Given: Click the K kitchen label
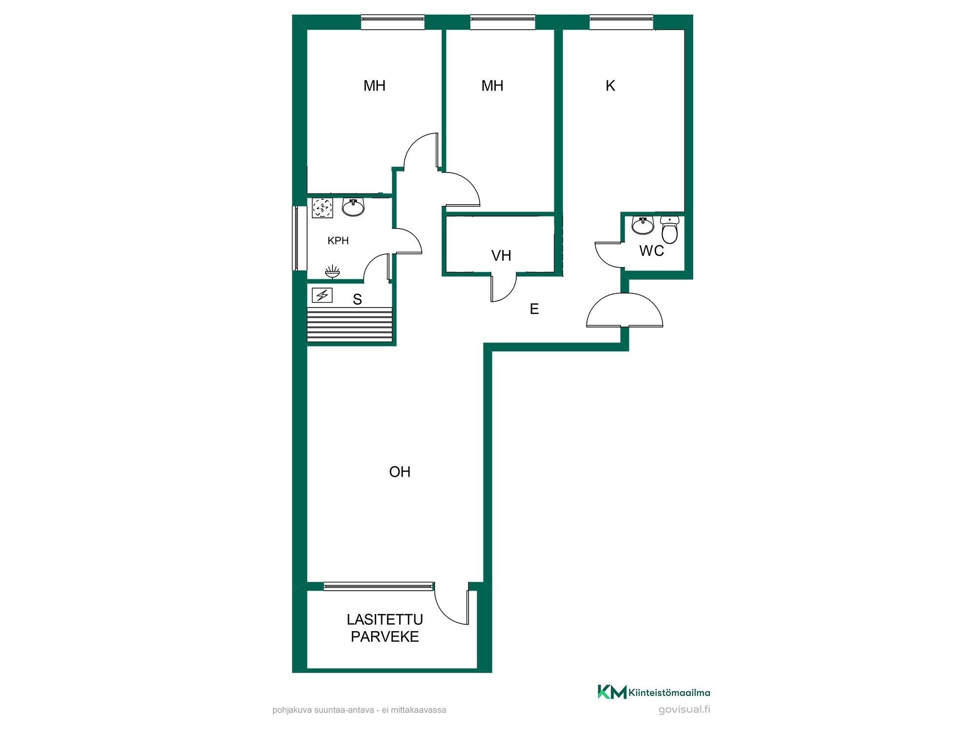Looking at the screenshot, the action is (x=610, y=86).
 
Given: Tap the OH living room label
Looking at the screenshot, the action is (x=400, y=472).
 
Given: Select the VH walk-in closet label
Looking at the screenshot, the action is (x=501, y=255).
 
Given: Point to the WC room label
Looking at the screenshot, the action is (x=652, y=250).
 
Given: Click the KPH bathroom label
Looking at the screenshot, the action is (x=338, y=240).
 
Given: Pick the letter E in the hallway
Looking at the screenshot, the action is (x=534, y=308).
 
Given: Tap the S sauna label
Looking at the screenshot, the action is (x=357, y=299).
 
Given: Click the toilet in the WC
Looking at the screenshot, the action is (x=670, y=230).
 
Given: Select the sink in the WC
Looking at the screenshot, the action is (x=643, y=225).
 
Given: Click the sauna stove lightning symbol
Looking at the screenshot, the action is (x=322, y=295).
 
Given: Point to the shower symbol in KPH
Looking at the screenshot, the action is (x=332, y=271).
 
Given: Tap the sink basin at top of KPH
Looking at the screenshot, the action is (x=353, y=207).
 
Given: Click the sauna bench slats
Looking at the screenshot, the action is (x=350, y=325).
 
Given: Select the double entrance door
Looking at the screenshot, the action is (x=624, y=309).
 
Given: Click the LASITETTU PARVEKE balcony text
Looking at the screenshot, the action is (x=385, y=628).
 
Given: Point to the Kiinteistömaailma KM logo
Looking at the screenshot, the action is (x=654, y=692).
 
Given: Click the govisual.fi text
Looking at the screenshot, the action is (x=684, y=710).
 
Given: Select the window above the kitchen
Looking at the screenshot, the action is (x=621, y=22).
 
